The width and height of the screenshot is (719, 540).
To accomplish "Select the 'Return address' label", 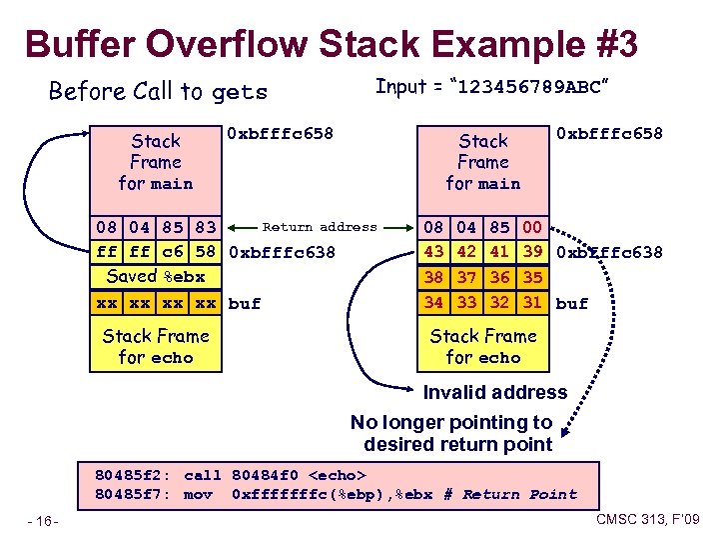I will point(320,227).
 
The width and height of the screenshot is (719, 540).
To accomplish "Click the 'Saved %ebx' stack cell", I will point(155,277).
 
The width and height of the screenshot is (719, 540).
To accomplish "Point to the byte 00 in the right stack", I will point(532,228).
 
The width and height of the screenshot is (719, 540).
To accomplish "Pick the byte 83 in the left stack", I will point(206,228).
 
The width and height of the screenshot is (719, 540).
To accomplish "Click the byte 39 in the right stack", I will point(532,252).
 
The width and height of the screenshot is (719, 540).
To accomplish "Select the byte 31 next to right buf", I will point(532,301).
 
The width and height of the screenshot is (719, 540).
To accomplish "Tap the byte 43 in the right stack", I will point(433,252).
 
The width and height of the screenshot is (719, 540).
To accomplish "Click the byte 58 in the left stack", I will point(206,252).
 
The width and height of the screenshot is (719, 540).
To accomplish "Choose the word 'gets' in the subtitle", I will point(241,93).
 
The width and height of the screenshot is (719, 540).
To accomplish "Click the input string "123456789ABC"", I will point(529,87).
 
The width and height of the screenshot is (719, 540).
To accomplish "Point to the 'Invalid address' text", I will point(494,392).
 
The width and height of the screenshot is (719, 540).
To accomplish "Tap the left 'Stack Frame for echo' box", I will point(155,346).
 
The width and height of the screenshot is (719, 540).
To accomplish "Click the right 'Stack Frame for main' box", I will point(483,162).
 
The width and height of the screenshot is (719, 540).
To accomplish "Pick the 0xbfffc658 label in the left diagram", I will point(281,133).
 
